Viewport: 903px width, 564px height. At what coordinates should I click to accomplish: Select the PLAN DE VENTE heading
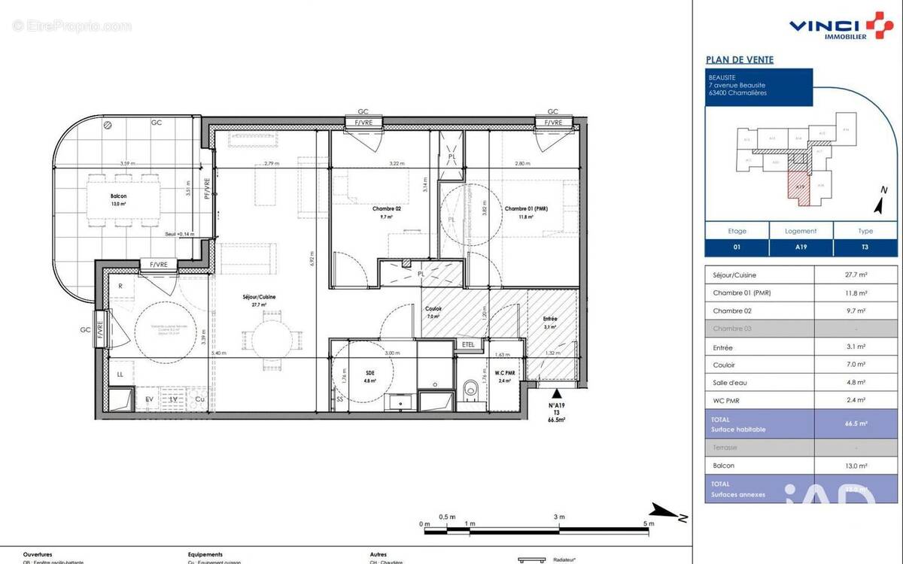click(x=739, y=59)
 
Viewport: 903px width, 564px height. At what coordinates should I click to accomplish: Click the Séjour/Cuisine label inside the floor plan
click(x=259, y=297)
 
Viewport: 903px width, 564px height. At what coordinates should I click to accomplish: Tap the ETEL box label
click(x=469, y=344)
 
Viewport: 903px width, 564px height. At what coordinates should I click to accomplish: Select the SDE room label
click(x=369, y=371)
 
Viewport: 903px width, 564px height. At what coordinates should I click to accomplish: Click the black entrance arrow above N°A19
click(x=556, y=393)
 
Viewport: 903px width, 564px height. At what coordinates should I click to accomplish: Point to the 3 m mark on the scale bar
click(x=559, y=517)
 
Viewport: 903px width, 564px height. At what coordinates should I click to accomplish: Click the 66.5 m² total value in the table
click(x=856, y=424)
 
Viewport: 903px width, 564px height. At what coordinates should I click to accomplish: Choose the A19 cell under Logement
click(x=801, y=247)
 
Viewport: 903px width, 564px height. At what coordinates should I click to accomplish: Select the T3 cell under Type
click(x=865, y=247)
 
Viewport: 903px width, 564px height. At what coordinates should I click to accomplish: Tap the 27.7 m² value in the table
click(x=856, y=274)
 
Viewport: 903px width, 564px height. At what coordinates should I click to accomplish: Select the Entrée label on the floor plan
click(x=551, y=318)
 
